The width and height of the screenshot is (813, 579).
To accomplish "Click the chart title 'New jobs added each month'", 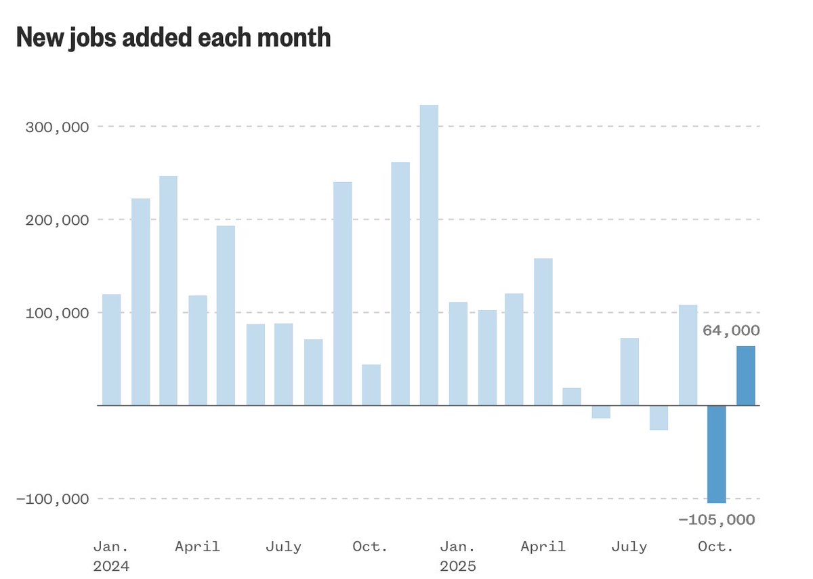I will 173,38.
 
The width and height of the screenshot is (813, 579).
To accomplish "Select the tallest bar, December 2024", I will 429,255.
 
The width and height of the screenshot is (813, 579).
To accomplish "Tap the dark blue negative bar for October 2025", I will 717,454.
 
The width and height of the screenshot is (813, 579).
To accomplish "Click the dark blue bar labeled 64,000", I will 746,376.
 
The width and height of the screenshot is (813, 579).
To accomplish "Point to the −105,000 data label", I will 716,520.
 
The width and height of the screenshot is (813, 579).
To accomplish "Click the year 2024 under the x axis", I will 111,566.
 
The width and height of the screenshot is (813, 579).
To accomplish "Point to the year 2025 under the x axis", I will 458,566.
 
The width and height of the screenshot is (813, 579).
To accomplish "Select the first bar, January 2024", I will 111,349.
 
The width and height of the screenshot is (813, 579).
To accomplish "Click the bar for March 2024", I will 169,291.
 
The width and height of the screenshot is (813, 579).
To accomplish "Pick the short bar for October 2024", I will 371,385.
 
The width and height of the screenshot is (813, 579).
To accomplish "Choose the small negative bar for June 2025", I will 601,412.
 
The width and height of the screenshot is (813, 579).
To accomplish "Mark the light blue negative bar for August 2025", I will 659,418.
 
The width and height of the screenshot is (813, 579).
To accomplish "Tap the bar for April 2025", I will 543,332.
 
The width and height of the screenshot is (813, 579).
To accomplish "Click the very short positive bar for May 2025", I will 572,397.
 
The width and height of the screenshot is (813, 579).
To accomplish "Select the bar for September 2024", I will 342,293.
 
